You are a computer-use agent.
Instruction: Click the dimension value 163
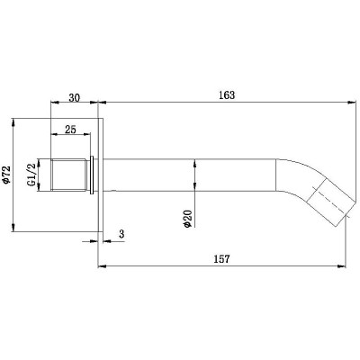pyautogui.click(x=227, y=95)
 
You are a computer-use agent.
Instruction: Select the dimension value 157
pyautogui.click(x=222, y=258)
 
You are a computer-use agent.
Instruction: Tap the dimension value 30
pyautogui.click(x=75, y=98)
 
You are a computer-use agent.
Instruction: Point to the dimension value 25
pyautogui.click(x=70, y=130)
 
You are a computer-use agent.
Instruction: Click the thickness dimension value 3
pyautogui.click(x=121, y=234)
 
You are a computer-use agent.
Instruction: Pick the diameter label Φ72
pyautogui.click(x=6, y=175)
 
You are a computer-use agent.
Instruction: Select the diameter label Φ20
pyautogui.click(x=187, y=219)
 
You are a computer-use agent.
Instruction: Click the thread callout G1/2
pyautogui.click(x=31, y=175)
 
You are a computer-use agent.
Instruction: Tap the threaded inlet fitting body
pyautogui.click(x=68, y=175)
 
